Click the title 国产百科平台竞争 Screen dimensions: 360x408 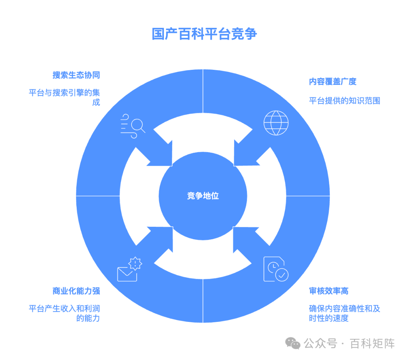point(204,34)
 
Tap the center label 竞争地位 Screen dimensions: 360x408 point(203,196)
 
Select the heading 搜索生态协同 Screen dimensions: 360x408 point(76,75)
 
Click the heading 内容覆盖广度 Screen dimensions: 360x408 point(332,82)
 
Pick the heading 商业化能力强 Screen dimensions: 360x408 point(76,291)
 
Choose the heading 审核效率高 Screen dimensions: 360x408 point(328,291)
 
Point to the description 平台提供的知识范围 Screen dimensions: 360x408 point(344,100)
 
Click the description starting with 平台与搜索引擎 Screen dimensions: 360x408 point(65,97)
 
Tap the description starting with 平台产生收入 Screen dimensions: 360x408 point(65,313)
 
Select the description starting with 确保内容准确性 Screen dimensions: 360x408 point(344,313)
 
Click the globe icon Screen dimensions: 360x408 point(276,123)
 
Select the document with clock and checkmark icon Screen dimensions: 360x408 point(275,269)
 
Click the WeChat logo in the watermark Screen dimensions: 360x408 point(293,343)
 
